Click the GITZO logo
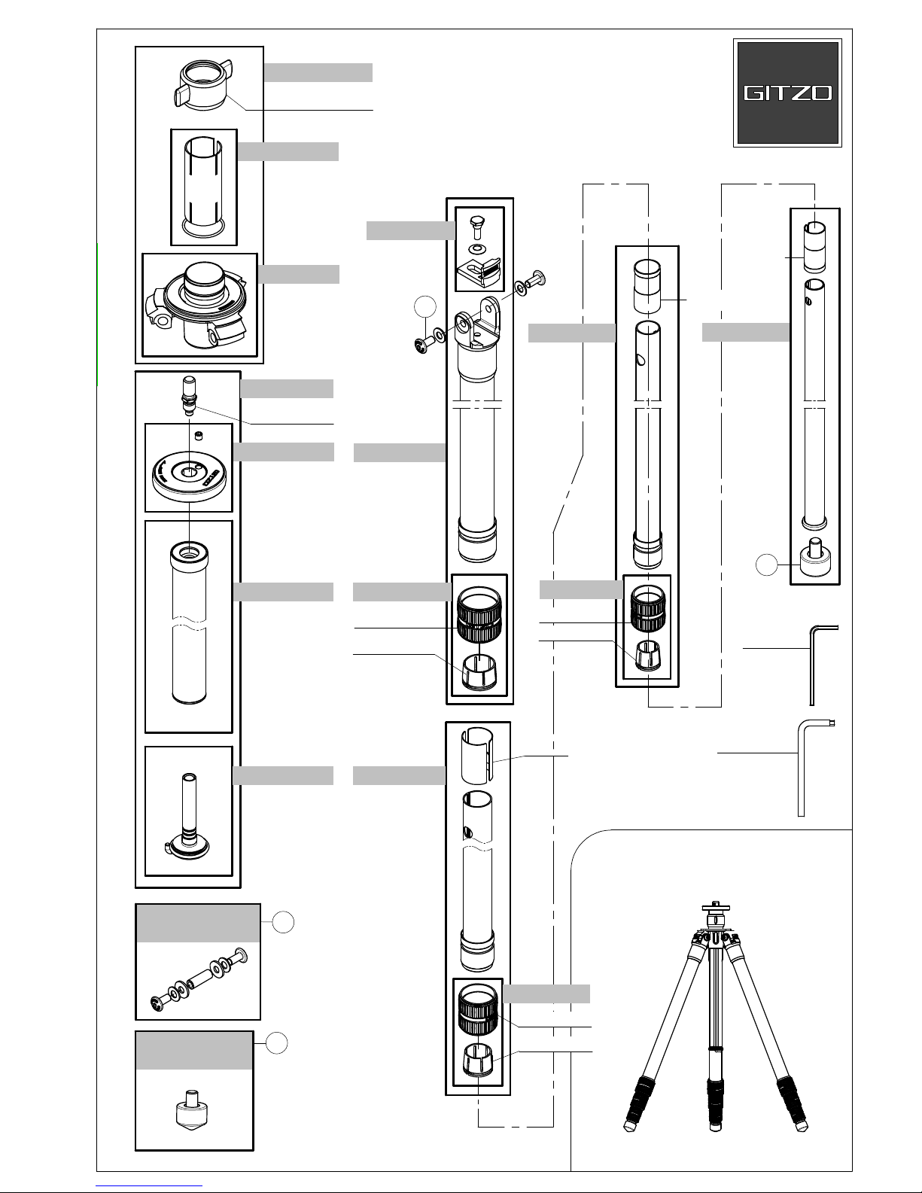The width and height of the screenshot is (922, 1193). [787, 93]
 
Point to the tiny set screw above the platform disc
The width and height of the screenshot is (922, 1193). [199, 435]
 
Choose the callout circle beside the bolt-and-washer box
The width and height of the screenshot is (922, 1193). [283, 922]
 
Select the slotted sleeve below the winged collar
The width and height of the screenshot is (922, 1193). [204, 186]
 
